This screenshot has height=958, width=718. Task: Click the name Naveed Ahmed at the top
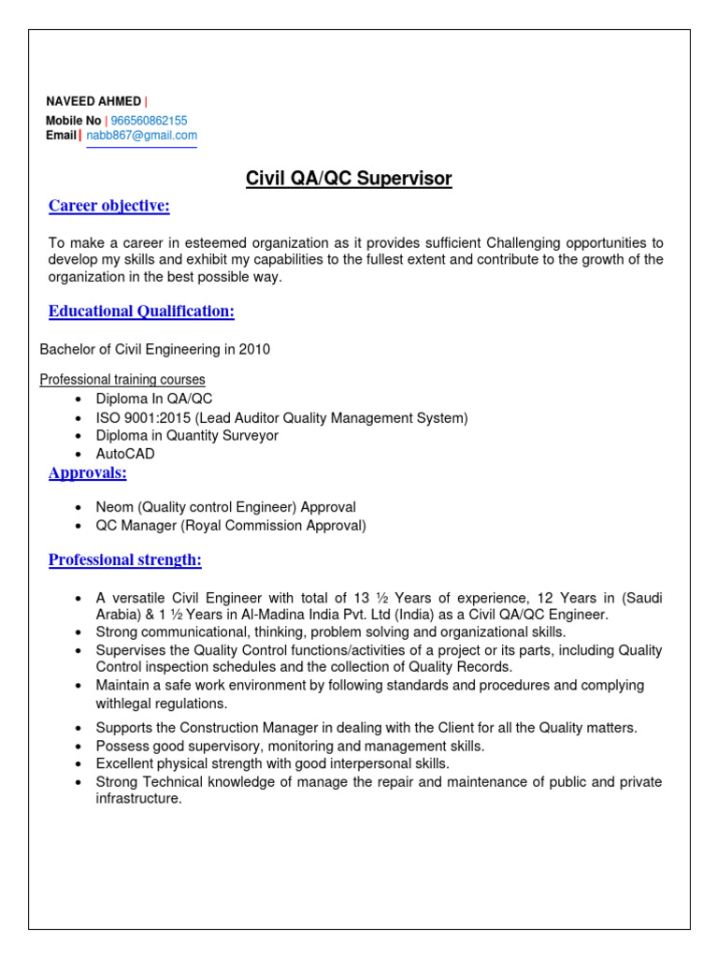(93, 101)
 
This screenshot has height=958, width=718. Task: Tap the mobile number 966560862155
(149, 121)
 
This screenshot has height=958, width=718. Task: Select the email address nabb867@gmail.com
(141, 136)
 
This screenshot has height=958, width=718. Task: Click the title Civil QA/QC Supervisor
(349, 179)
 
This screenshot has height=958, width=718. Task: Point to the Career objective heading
(108, 206)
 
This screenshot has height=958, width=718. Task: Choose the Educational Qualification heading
(141, 311)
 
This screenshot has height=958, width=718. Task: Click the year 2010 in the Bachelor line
(254, 350)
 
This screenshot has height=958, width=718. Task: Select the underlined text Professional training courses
(122, 380)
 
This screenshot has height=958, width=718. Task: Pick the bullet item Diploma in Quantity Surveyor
(187, 436)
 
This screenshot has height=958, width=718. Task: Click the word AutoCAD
(125, 454)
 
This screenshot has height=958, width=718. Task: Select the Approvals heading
(87, 473)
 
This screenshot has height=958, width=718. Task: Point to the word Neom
(114, 507)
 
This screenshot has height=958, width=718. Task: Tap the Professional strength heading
(124, 560)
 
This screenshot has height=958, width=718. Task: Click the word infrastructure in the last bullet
(137, 799)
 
